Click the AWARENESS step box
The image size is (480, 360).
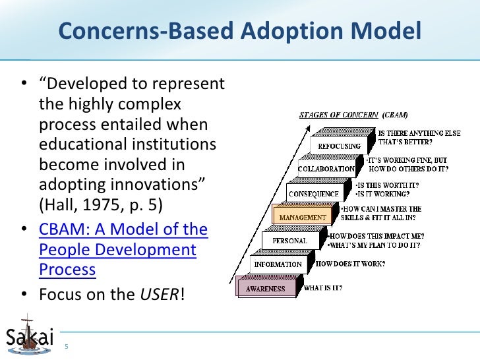point(266,288)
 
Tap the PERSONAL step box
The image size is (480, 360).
point(290,241)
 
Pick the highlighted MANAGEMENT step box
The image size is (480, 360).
point(303,217)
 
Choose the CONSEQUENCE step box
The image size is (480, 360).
point(313,194)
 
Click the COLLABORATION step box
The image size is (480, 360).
point(326,169)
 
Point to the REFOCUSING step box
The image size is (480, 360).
point(340,146)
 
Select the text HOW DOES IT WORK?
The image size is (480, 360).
point(350,264)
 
